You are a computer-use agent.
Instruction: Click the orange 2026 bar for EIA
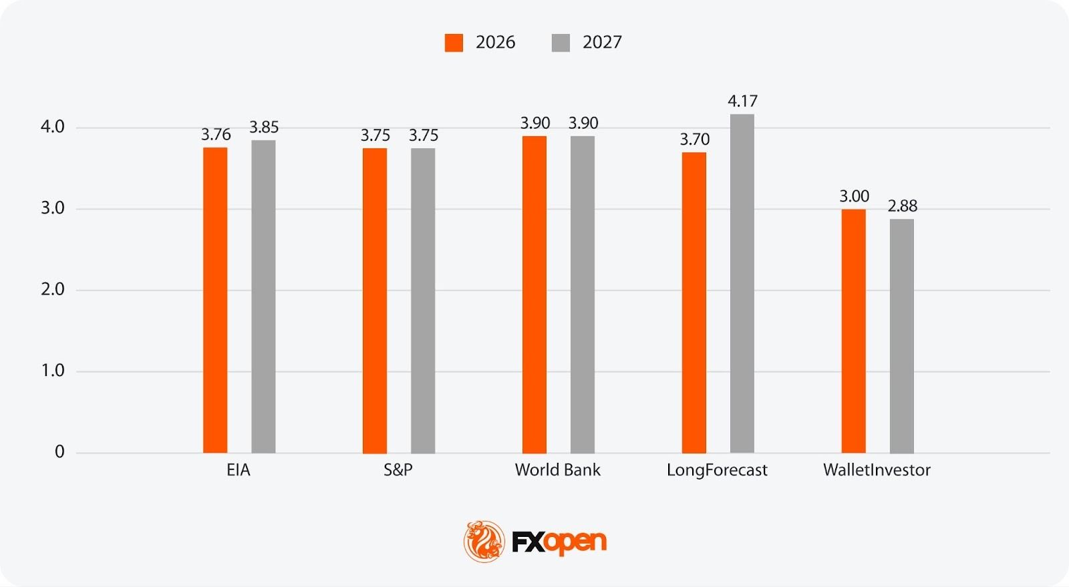[x=215, y=300]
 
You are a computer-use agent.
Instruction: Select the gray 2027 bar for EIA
[x=263, y=297]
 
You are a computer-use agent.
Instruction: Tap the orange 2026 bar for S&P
[x=375, y=301]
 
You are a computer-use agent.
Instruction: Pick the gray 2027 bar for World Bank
[x=583, y=295]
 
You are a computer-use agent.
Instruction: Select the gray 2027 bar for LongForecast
[x=742, y=283]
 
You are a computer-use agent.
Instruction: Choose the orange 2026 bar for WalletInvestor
[x=854, y=331]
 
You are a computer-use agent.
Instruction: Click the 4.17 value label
[x=742, y=102]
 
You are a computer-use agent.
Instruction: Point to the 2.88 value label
[x=902, y=206]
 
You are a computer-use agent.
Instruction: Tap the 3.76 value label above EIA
[x=216, y=135]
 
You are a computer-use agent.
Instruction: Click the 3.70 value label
[x=695, y=140]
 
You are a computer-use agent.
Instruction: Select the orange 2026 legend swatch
[x=454, y=43]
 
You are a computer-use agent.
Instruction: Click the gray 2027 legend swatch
[x=561, y=43]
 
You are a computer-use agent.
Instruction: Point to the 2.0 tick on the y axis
[x=53, y=290]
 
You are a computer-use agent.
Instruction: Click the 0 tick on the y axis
[x=59, y=452]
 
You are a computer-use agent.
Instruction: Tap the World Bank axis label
[x=557, y=470]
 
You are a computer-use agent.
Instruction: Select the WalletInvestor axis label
[x=877, y=470]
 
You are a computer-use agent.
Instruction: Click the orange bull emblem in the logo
[x=484, y=541]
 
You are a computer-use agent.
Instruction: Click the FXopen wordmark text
[x=559, y=542]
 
